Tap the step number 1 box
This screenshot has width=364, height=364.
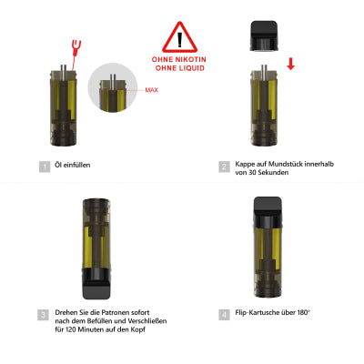(x=43, y=167)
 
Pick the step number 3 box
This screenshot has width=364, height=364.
(x=43, y=314)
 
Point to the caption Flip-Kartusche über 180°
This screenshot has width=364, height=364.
(x=271, y=314)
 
